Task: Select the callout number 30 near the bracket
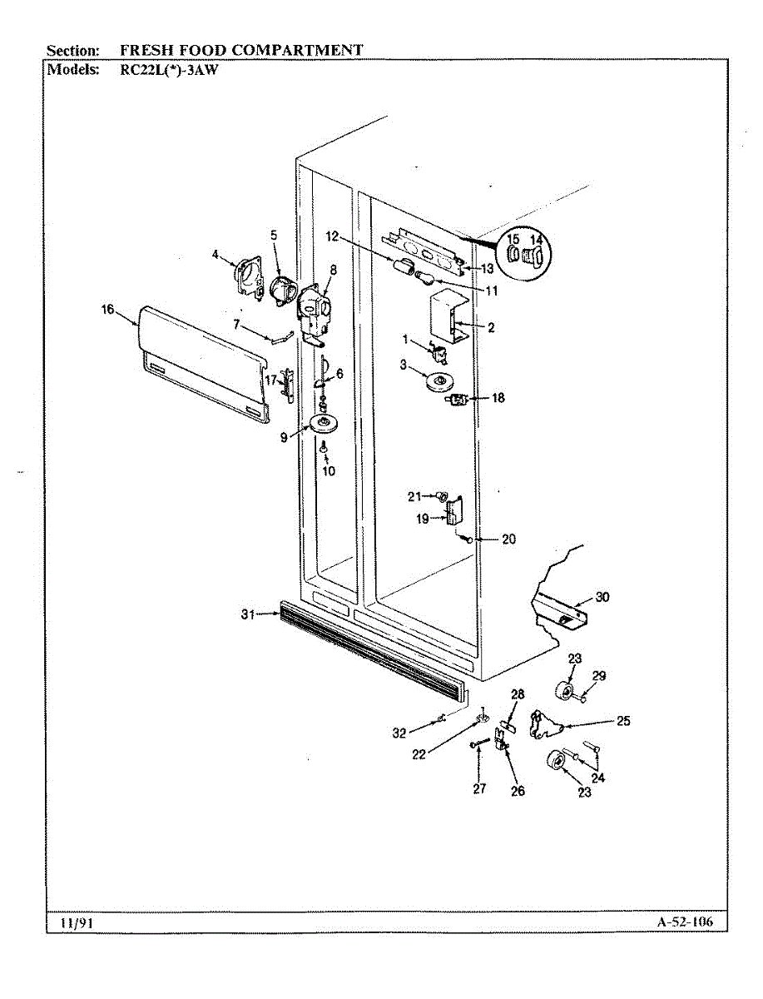tap(602, 597)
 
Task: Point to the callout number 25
tap(623, 721)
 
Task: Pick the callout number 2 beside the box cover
tap(491, 328)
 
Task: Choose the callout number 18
tap(498, 398)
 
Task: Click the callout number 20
tap(508, 539)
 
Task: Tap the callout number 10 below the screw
tap(328, 471)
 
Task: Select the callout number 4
tap(216, 254)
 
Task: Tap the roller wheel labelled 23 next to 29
tap(568, 691)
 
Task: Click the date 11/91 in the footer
tap(70, 923)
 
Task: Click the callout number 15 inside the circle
tap(513, 240)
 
